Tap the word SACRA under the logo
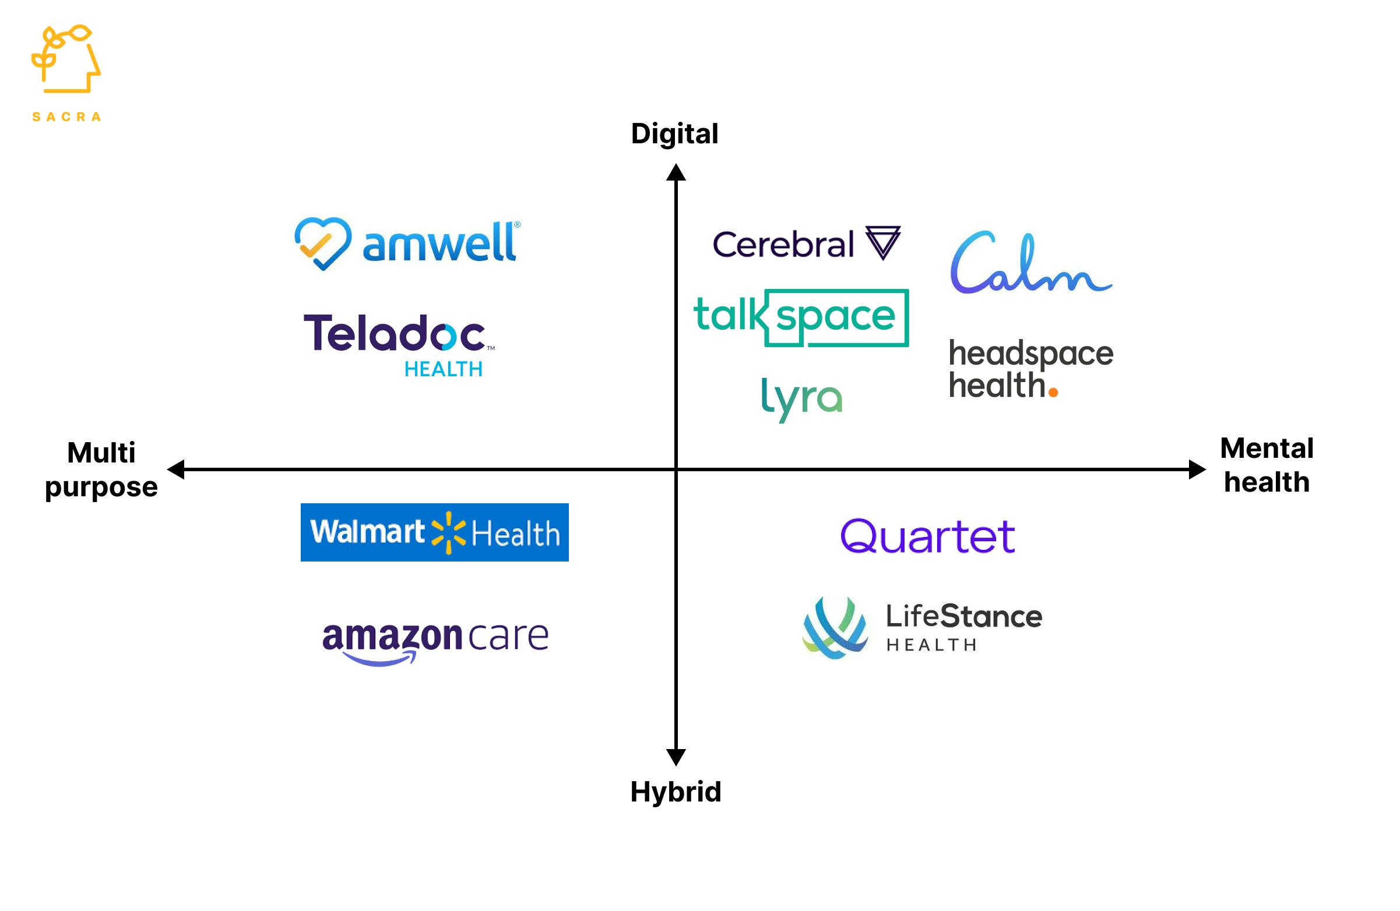(66, 117)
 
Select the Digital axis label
(674, 134)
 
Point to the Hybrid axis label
(676, 792)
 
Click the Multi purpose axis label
(101, 469)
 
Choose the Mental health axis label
(1267, 465)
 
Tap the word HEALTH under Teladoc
(443, 369)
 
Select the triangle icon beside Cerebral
(882, 242)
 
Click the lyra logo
(801, 398)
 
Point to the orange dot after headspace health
(1053, 392)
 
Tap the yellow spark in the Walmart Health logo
(448, 532)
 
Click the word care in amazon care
(509, 636)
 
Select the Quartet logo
(928, 536)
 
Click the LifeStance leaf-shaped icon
(835, 628)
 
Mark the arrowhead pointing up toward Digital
(676, 172)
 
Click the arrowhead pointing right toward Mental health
(1197, 469)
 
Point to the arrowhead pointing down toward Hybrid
(676, 757)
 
